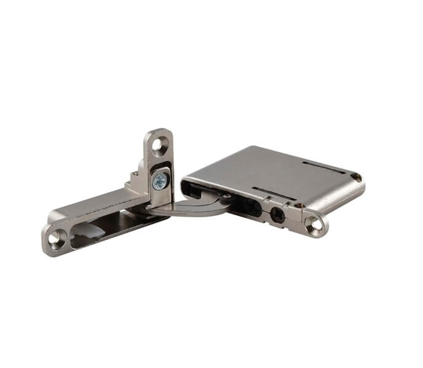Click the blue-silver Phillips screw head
[160, 180]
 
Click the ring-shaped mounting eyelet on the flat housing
[315, 224]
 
